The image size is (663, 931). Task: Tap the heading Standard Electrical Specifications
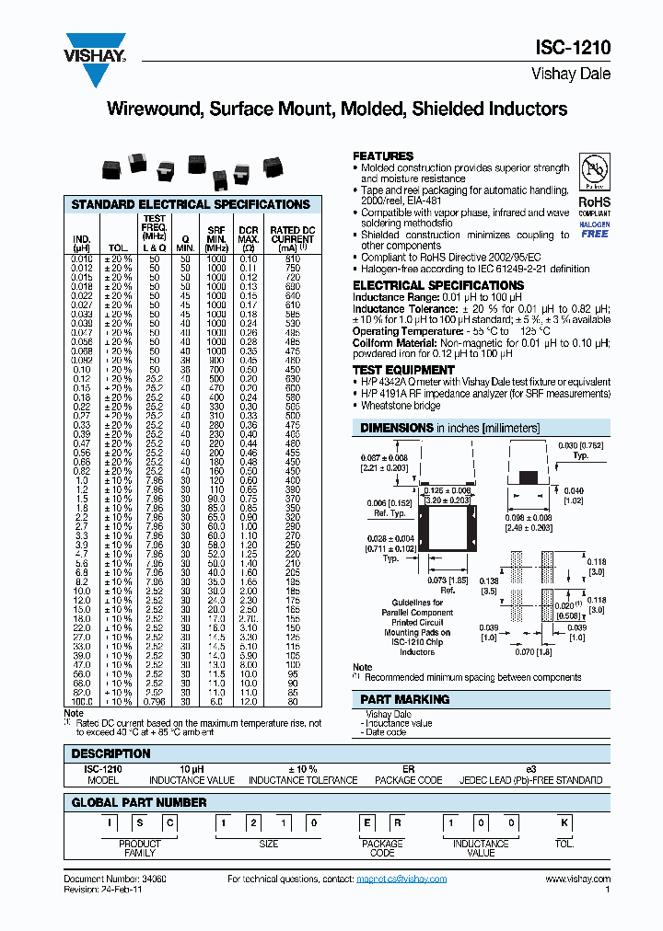(x=191, y=204)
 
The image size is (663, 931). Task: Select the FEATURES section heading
(x=383, y=156)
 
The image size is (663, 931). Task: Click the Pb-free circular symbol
(x=594, y=172)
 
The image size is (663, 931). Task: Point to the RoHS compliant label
(x=594, y=206)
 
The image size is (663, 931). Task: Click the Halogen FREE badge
(x=594, y=229)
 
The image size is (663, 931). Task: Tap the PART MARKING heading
(x=405, y=699)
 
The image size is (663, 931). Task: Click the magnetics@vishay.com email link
(x=401, y=879)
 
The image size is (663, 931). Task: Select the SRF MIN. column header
(x=216, y=239)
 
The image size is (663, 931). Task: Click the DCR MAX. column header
(x=249, y=239)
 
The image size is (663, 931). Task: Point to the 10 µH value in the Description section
(x=192, y=768)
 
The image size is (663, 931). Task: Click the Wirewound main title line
(x=337, y=109)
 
